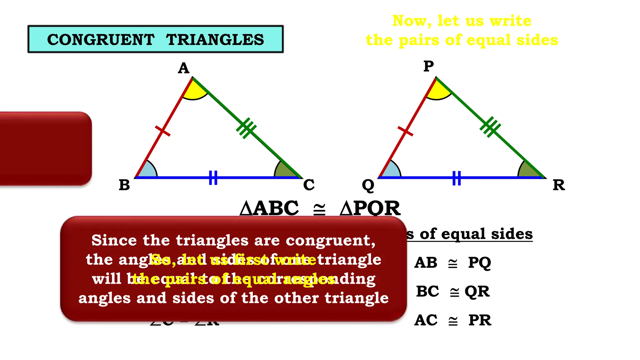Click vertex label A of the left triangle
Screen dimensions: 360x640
[x=184, y=68]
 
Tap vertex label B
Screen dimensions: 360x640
[x=124, y=185]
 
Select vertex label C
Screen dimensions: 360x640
[x=309, y=185]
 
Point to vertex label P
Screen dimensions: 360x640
[x=428, y=66]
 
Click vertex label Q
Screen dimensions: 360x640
[x=368, y=186]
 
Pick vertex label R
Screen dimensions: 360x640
[x=559, y=185]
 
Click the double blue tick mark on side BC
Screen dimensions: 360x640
[x=213, y=177]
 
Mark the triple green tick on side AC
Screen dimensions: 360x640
[x=246, y=127]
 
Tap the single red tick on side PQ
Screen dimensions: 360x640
[x=405, y=131]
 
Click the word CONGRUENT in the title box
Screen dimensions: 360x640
[x=101, y=40]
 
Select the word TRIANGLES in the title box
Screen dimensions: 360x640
[x=215, y=40]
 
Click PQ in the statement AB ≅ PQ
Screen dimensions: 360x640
[x=479, y=263]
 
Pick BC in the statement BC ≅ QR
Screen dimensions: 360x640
[x=427, y=292]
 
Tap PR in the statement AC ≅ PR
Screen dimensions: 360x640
[x=480, y=320]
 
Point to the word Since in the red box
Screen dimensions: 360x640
[x=114, y=240]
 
